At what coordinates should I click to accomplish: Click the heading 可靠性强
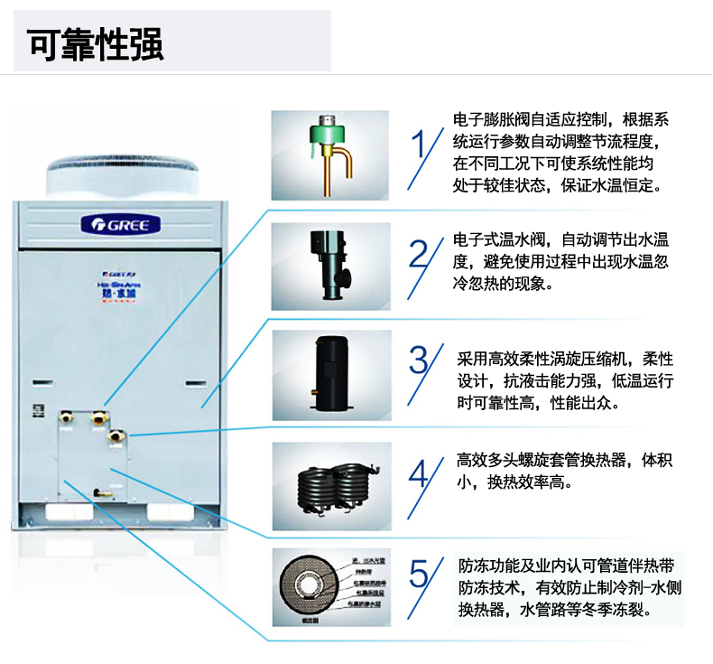[x=96, y=42]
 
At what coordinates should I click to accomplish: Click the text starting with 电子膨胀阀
[x=560, y=154]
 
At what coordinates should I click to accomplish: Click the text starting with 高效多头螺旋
[x=565, y=472]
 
